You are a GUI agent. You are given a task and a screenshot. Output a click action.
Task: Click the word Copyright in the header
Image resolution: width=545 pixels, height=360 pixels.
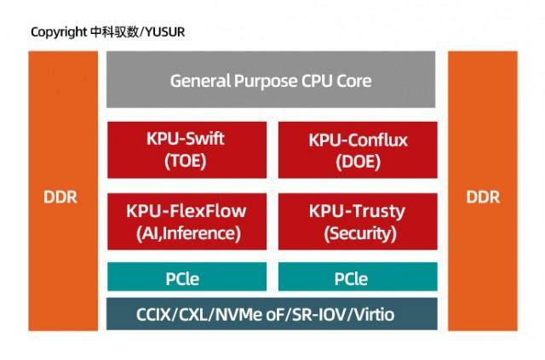coord(59,32)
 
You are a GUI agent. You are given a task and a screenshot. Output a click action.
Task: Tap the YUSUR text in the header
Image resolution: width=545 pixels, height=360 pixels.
coord(164,32)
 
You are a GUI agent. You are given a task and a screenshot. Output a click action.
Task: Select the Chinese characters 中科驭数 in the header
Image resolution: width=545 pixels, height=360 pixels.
coord(114,32)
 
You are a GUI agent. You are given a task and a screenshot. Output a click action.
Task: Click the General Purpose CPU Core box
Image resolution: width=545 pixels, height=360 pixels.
coord(271,80)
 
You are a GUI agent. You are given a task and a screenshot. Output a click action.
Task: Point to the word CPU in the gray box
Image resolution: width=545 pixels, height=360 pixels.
coord(316,81)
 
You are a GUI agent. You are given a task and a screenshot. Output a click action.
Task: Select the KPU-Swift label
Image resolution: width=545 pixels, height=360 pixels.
coord(186,139)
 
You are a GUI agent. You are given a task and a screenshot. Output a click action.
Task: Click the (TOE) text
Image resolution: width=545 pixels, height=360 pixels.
coord(186,161)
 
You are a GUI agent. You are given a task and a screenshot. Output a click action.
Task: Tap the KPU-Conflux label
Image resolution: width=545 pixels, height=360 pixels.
coord(358,140)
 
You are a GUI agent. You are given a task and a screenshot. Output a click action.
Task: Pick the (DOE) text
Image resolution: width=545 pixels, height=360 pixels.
coord(358,162)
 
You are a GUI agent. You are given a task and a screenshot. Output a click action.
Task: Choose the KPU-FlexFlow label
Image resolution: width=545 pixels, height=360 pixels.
coord(186,211)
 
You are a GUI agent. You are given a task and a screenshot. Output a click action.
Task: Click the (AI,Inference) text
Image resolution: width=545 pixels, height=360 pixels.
coord(188,233)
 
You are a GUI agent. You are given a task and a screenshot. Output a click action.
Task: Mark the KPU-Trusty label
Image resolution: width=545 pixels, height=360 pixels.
coord(358,212)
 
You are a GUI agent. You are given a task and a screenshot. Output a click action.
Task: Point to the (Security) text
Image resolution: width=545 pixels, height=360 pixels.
coord(360,233)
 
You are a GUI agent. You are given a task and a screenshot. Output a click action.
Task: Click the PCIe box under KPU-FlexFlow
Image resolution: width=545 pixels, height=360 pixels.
coord(187,277)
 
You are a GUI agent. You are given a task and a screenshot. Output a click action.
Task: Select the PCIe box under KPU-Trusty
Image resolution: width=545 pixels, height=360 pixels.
coord(358,277)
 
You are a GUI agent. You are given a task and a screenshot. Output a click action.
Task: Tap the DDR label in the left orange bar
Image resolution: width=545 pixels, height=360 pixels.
coord(60,197)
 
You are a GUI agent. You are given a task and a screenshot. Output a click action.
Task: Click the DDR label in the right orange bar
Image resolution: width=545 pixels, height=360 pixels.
coord(483,197)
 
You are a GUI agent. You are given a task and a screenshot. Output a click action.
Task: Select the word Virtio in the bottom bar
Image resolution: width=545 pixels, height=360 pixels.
coord(375,315)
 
